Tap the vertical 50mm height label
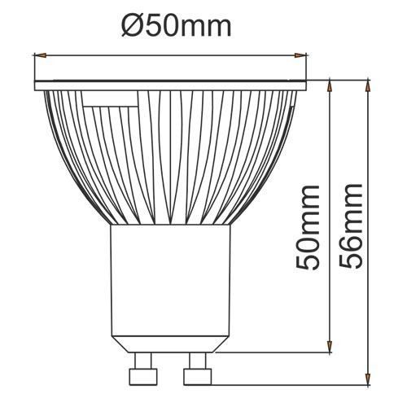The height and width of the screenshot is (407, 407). tap(307, 232)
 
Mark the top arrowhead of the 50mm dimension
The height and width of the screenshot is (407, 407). tap(329, 84)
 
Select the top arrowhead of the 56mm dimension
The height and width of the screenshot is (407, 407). tap(368, 84)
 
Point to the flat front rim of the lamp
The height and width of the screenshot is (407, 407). tap(171, 84)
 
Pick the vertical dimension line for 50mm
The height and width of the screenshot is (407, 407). tap(329, 163)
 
